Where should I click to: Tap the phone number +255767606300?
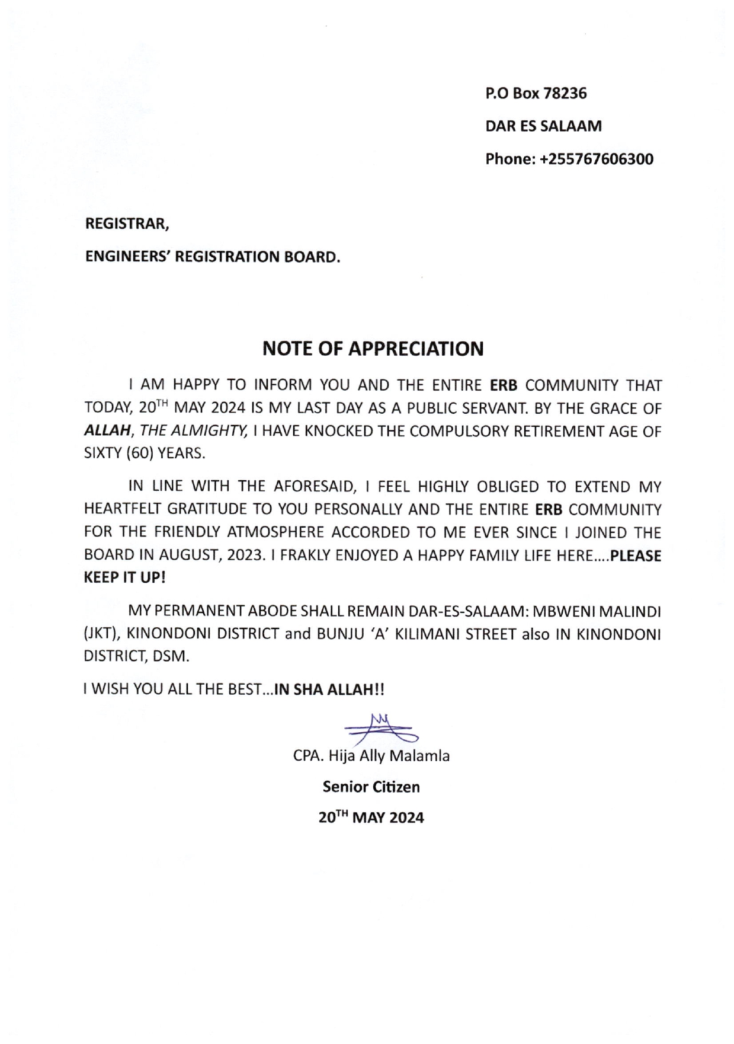click(x=597, y=159)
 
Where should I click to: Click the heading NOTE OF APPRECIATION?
click(x=373, y=349)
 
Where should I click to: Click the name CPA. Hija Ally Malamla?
click(x=371, y=756)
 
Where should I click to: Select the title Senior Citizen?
click(x=371, y=787)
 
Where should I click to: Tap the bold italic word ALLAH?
click(x=107, y=432)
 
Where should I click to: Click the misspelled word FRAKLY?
click(x=308, y=555)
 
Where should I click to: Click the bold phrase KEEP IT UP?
click(x=125, y=577)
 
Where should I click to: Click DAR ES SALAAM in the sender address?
click(x=543, y=126)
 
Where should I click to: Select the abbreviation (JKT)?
click(x=102, y=634)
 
